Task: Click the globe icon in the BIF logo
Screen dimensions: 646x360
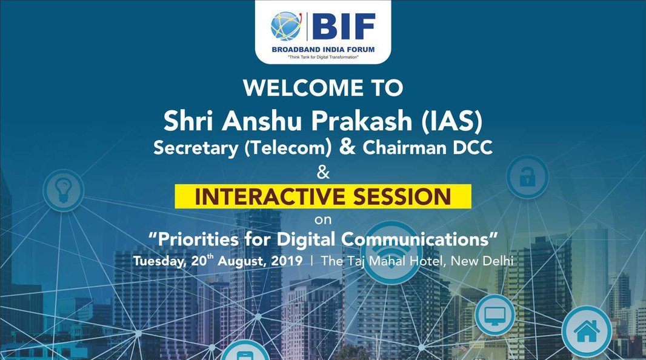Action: click(287, 26)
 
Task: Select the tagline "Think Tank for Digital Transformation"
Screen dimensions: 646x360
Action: click(323, 57)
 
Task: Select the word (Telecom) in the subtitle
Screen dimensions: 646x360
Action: click(288, 148)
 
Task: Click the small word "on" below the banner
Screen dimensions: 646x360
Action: click(323, 220)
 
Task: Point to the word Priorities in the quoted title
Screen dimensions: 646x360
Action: click(198, 239)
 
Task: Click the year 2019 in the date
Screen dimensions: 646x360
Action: click(287, 261)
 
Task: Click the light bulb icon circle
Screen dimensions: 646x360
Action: click(64, 191)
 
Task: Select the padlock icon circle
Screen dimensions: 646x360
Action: click(527, 177)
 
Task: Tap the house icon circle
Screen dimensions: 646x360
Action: click(587, 332)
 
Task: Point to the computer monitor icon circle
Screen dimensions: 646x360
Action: click(494, 315)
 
